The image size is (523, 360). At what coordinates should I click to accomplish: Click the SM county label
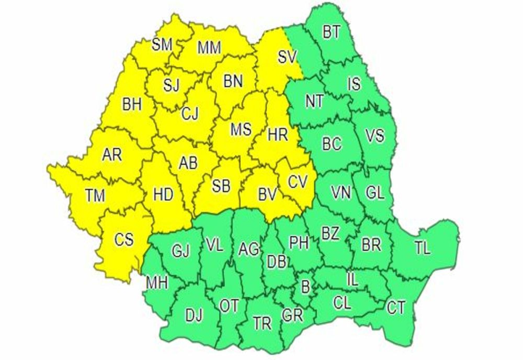pyautogui.click(x=162, y=45)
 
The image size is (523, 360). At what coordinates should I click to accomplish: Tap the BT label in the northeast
pyautogui.click(x=331, y=32)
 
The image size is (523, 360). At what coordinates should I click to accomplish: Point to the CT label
pyautogui.click(x=396, y=307)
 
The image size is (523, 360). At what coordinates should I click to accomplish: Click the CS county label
pyautogui.click(x=124, y=240)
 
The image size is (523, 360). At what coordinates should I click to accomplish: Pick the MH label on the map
pyautogui.click(x=157, y=283)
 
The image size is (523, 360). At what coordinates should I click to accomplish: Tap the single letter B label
pyautogui.click(x=305, y=286)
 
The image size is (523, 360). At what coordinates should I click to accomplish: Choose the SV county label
pyautogui.click(x=287, y=57)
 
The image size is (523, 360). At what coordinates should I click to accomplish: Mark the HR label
pyautogui.click(x=277, y=135)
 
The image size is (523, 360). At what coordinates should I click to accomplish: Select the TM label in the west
pyautogui.click(x=95, y=196)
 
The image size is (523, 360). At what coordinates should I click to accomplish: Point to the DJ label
pyautogui.click(x=194, y=315)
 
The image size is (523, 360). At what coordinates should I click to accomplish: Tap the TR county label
pyautogui.click(x=262, y=323)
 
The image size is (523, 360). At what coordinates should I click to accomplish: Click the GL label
pyautogui.click(x=374, y=193)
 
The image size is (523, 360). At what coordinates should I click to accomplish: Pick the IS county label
pyautogui.click(x=354, y=83)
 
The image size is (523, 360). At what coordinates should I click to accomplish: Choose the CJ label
pyautogui.click(x=190, y=114)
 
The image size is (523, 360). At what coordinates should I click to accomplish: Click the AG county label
pyautogui.click(x=248, y=249)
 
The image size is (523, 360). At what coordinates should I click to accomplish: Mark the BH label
pyautogui.click(x=132, y=105)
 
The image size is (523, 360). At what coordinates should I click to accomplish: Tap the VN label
pyautogui.click(x=342, y=193)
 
